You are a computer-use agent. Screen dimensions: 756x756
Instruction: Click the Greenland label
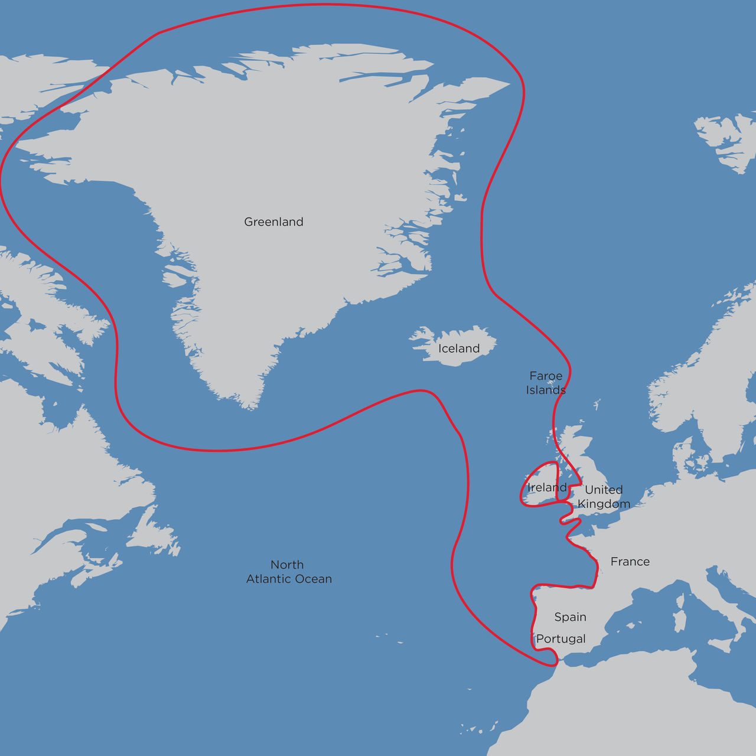pyautogui.click(x=273, y=222)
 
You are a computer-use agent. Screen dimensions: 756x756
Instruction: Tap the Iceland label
pyautogui.click(x=459, y=348)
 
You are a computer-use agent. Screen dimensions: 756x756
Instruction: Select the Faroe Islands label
pyautogui.click(x=546, y=383)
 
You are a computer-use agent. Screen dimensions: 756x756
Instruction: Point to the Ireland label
pyautogui.click(x=547, y=487)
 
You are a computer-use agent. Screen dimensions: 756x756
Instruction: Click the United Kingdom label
pyautogui.click(x=604, y=497)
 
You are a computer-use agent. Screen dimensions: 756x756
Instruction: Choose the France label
pyautogui.click(x=630, y=562)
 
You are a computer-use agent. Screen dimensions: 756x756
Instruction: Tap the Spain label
pyautogui.click(x=570, y=617)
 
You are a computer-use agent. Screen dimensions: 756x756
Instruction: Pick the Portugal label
pyautogui.click(x=561, y=639)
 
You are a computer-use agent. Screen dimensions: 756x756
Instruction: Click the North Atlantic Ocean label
pyautogui.click(x=289, y=572)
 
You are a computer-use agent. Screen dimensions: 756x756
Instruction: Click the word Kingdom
pyautogui.click(x=604, y=504)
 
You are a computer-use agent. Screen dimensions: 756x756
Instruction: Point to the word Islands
pyautogui.click(x=546, y=390)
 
